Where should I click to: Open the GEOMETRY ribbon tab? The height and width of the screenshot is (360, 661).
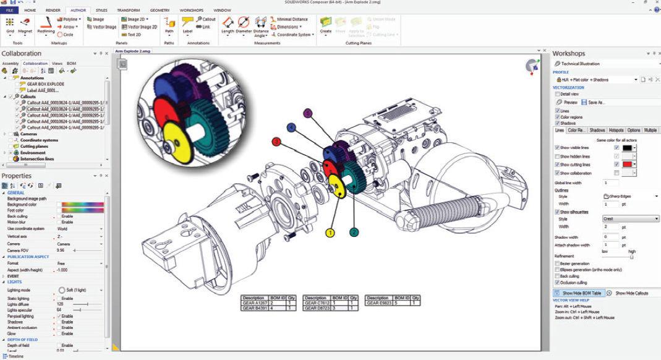click(x=160, y=11)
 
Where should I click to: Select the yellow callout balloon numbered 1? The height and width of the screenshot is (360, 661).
click(x=330, y=233)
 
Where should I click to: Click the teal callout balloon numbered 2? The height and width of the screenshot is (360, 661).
click(x=354, y=233)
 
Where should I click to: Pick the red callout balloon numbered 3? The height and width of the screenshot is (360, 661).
click(x=277, y=142)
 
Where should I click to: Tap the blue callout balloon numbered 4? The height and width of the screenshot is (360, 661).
click(x=291, y=127)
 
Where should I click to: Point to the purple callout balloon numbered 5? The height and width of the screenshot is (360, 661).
click(x=308, y=113)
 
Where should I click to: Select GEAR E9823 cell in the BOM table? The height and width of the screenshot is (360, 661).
click(x=379, y=303)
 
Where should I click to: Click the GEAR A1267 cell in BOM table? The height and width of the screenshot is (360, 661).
click(x=254, y=303)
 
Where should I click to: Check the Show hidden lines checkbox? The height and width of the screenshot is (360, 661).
click(x=557, y=156)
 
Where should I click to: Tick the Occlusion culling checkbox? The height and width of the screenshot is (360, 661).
click(x=557, y=282)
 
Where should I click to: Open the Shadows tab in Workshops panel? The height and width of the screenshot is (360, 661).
click(x=597, y=131)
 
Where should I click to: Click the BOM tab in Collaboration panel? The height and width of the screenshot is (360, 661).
click(x=71, y=63)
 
